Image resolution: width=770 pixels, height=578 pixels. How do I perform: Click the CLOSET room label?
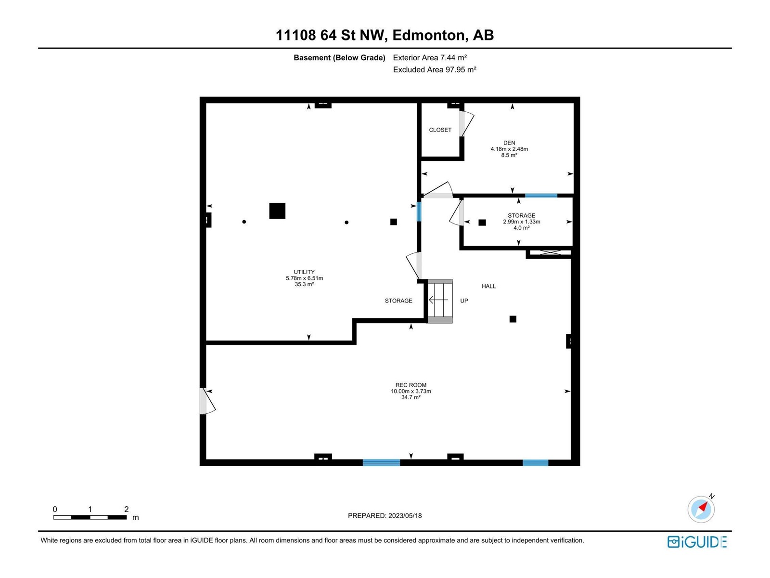pos(440,130)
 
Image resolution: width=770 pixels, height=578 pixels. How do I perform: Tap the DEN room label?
pos(509,143)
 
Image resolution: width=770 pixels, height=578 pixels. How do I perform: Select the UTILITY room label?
pos(304,272)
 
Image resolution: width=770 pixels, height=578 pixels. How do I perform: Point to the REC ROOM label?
pos(411,385)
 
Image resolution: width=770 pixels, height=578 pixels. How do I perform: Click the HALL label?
pos(488,287)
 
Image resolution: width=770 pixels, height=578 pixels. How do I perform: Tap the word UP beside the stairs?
pos(464,301)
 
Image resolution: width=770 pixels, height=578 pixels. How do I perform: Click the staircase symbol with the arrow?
pos(439,301)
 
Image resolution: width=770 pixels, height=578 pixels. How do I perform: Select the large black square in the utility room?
pos(277,211)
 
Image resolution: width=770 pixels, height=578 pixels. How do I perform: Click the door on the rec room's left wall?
pos(207,401)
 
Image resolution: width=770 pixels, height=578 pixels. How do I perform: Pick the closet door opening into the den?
pos(466,123)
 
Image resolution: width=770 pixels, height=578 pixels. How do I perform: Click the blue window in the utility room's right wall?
pos(419,211)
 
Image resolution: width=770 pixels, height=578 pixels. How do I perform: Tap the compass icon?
pos(701,509)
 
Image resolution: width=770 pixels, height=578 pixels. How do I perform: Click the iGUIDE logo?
pos(697,542)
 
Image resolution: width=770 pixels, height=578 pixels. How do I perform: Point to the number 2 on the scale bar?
pos(126,509)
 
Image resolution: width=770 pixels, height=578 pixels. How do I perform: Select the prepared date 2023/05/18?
pos(405,515)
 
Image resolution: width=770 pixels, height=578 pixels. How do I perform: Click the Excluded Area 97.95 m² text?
pos(434,69)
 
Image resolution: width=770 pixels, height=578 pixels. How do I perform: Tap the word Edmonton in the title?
pos(430,35)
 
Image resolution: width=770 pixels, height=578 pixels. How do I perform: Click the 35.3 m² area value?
pos(304,284)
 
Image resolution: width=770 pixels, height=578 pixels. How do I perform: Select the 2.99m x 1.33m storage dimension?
pos(521,222)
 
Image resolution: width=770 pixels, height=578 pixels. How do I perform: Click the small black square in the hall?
pos(513,319)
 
